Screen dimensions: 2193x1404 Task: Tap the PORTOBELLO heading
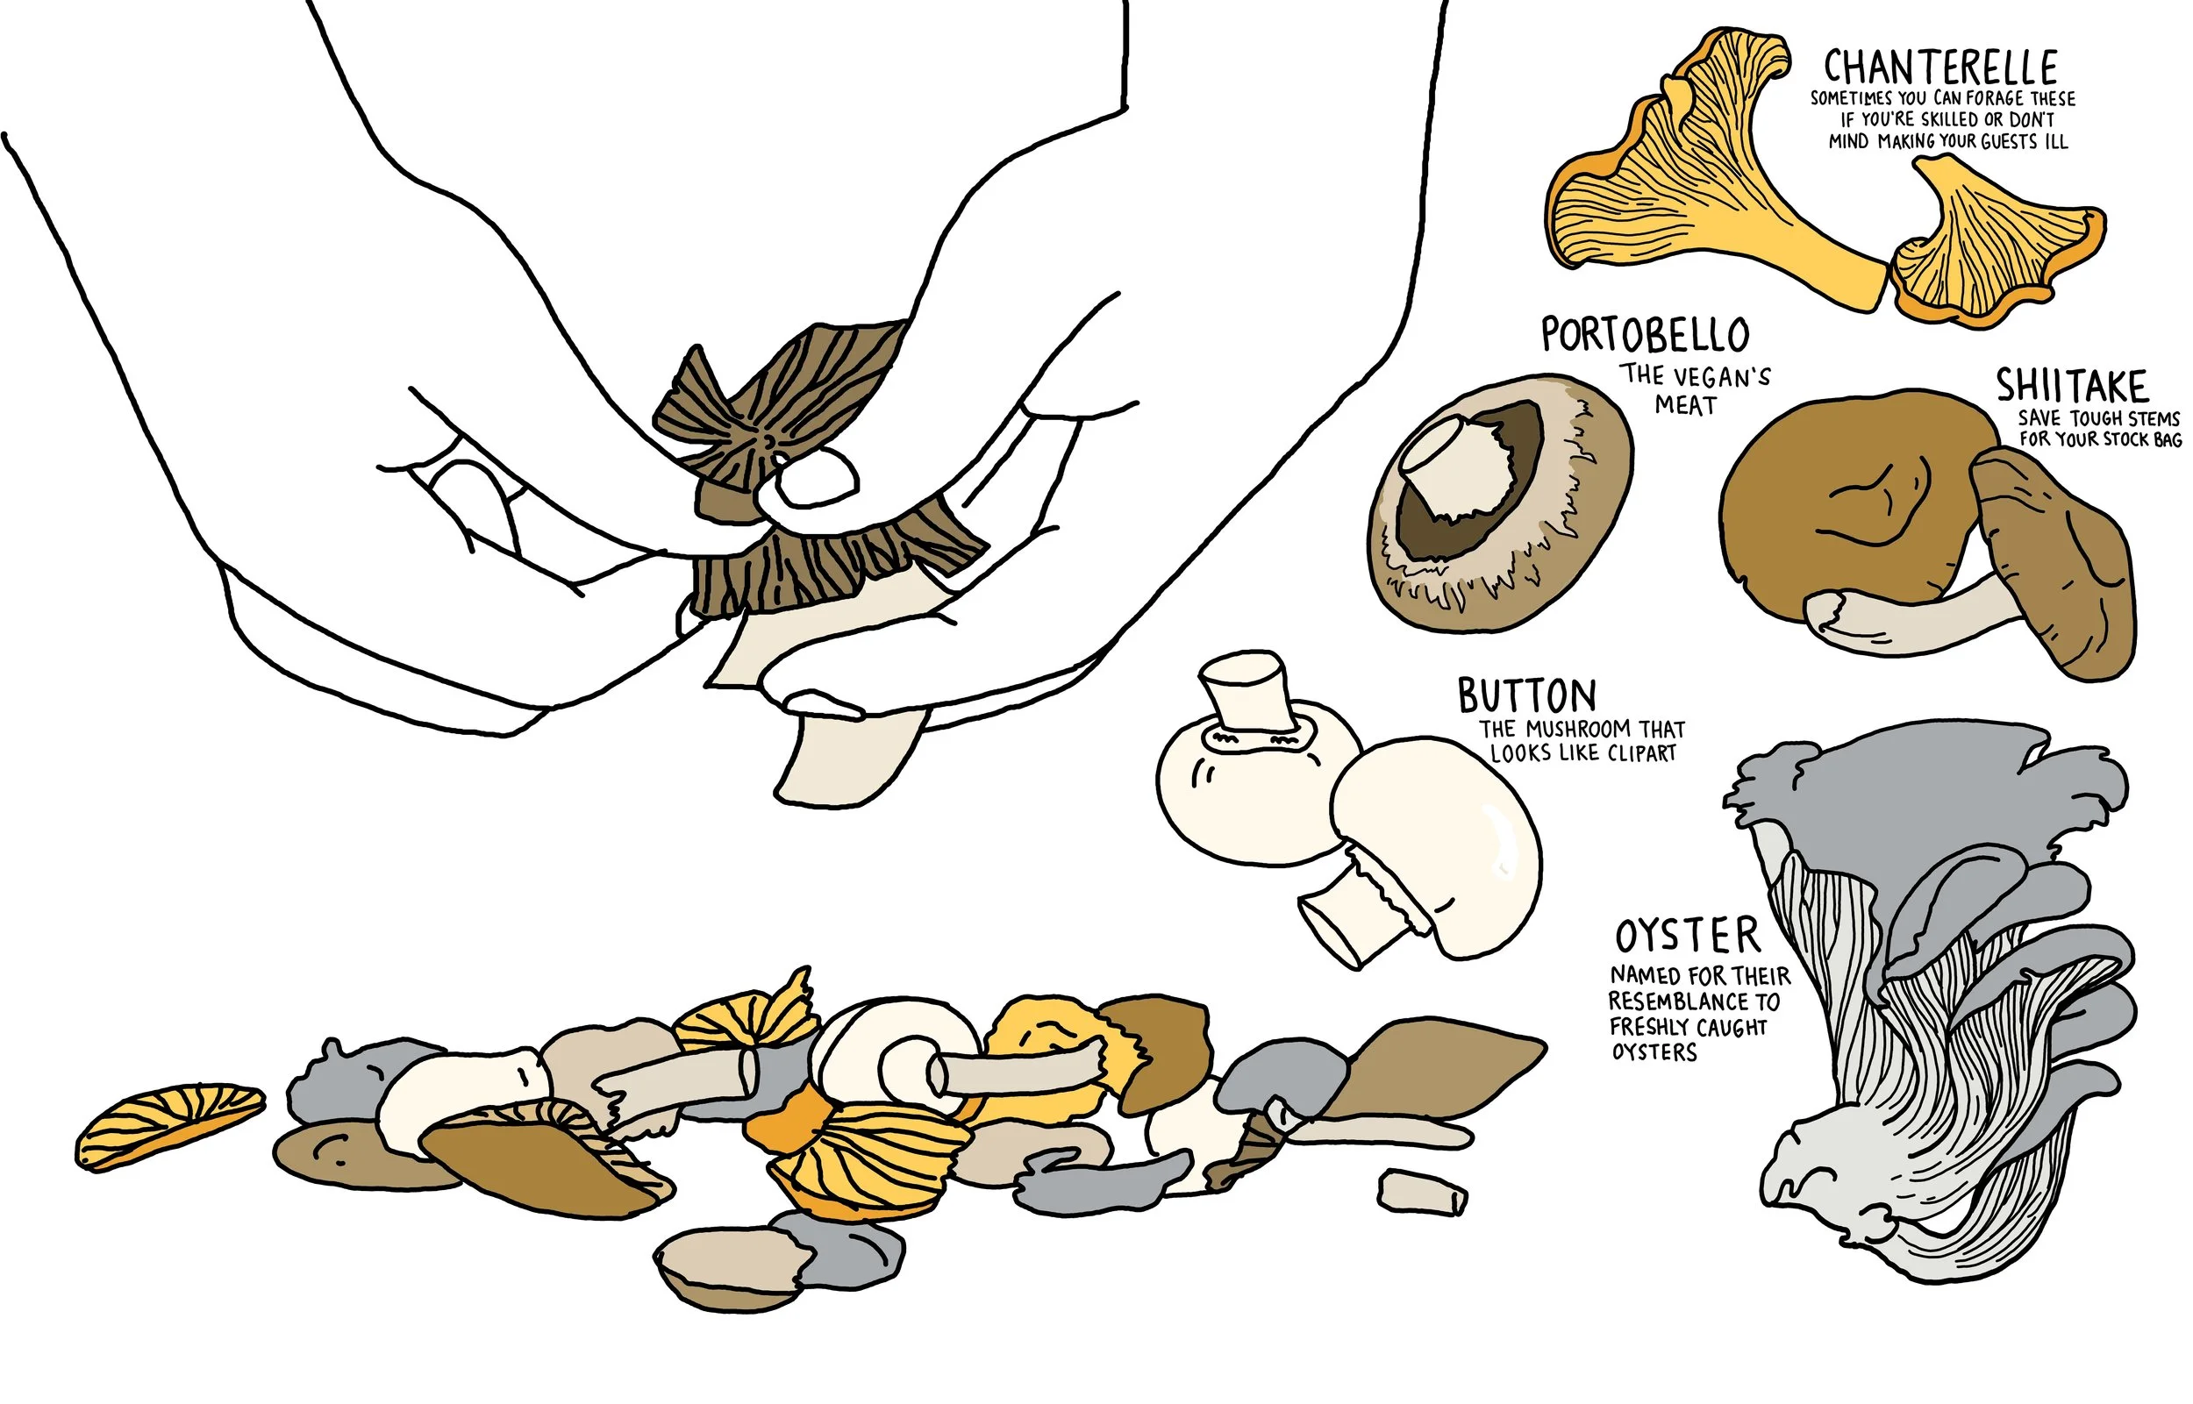[x=1645, y=335]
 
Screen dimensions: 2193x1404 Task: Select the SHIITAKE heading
[x=2072, y=386]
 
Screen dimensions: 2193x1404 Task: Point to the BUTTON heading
[x=1526, y=695]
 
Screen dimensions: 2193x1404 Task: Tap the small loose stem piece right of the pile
[x=1422, y=1193]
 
